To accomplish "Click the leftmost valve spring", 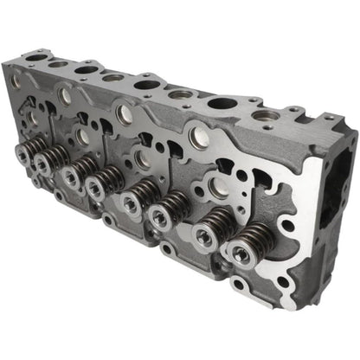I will click(23, 154).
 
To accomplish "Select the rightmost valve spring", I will click(238, 251).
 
